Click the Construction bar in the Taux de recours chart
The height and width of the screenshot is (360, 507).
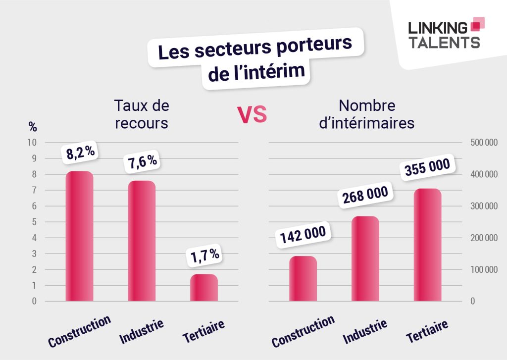click(x=79, y=236)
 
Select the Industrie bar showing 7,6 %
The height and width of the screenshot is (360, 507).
click(x=142, y=241)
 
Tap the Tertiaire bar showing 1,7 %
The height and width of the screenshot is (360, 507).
click(x=203, y=288)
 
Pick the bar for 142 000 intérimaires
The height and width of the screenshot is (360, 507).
click(x=303, y=279)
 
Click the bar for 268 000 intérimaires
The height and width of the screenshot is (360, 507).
click(x=365, y=258)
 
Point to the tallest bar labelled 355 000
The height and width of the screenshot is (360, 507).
click(x=427, y=245)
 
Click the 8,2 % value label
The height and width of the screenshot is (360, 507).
click(x=81, y=153)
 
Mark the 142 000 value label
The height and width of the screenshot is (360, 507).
click(x=303, y=236)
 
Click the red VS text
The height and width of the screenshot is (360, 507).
click(x=252, y=114)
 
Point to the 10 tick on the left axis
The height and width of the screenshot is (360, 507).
click(x=33, y=143)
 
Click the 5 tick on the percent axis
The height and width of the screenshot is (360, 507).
click(x=34, y=222)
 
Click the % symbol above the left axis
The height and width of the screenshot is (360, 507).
click(x=33, y=127)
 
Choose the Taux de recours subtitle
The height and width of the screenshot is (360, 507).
click(x=142, y=114)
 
